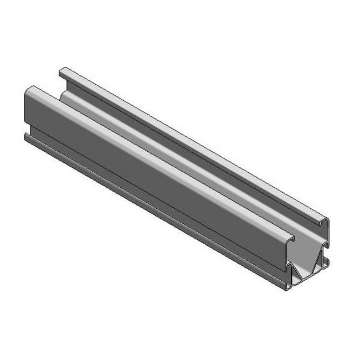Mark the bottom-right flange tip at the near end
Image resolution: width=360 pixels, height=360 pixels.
(x=328, y=261)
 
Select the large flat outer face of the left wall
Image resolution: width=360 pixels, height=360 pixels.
(x=138, y=166)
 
